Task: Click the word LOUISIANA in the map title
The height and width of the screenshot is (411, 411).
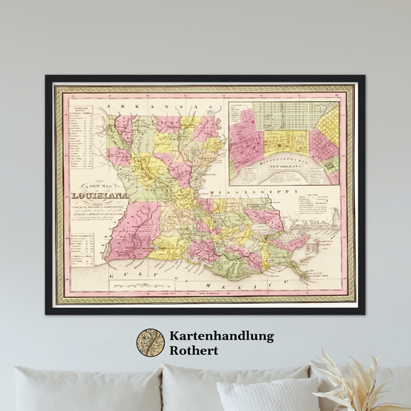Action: [x=99, y=196]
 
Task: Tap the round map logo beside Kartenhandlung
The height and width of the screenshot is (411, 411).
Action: [x=150, y=343]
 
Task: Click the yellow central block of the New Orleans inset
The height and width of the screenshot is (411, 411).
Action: [x=288, y=140]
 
